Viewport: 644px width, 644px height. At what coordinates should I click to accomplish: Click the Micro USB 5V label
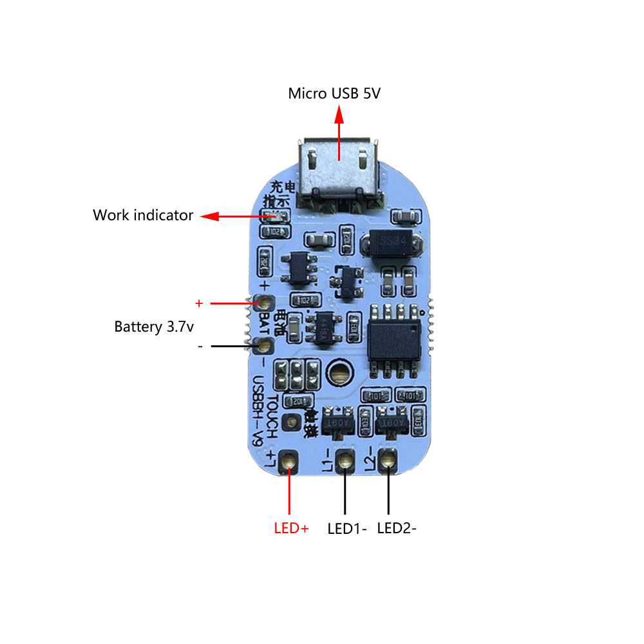(x=334, y=93)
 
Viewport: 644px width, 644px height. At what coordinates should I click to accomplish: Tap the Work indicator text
(x=143, y=215)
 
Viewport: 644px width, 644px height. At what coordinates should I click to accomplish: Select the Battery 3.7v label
(x=154, y=327)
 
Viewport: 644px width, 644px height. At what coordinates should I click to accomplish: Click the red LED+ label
(x=291, y=529)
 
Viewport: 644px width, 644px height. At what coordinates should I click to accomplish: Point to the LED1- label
(x=347, y=529)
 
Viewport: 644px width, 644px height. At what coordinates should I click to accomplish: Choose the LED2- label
(x=397, y=529)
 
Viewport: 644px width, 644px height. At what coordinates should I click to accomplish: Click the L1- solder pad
(x=346, y=460)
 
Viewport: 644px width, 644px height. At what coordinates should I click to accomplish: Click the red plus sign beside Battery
(x=199, y=302)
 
